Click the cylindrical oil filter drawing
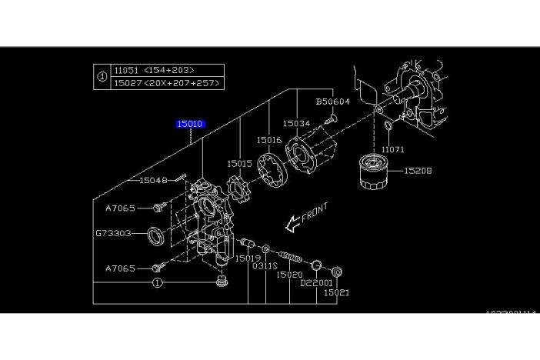coord(375,175)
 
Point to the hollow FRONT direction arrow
coord(292,224)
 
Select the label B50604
coord(333,102)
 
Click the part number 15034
coord(296,123)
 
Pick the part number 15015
coord(239,163)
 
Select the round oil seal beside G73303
coord(156,235)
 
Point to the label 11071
coord(392,150)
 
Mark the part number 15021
coord(336,292)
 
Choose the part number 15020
coord(288,275)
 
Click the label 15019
coord(248,258)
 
